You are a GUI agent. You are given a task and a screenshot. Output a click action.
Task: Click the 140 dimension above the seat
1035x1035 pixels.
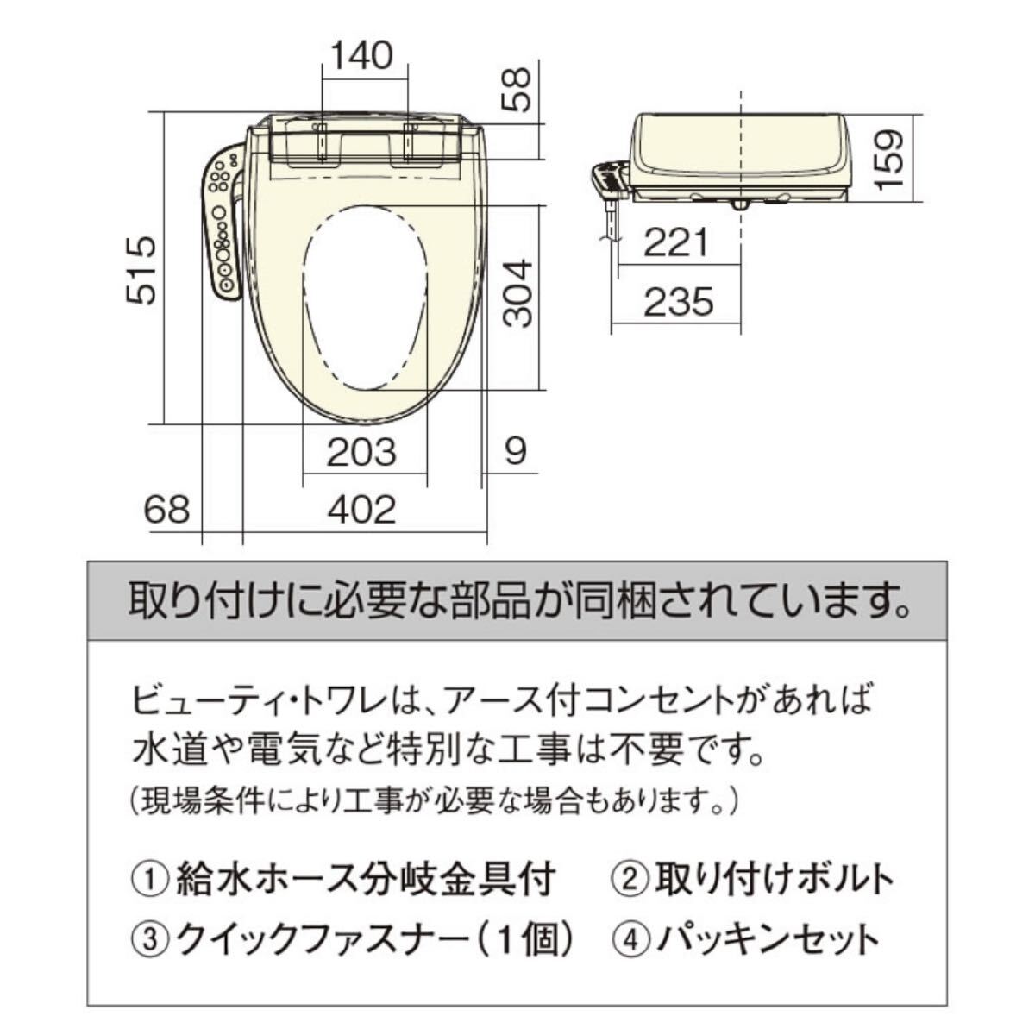362,55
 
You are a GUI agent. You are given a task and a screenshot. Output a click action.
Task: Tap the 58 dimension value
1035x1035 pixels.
517,91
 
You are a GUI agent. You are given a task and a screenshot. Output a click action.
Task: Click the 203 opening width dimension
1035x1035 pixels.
361,452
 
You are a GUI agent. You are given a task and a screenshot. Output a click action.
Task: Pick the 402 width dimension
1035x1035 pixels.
362,510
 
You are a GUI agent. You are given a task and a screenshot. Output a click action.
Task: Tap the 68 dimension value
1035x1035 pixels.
167,510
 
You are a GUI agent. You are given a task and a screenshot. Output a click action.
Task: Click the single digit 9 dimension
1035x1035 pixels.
516,452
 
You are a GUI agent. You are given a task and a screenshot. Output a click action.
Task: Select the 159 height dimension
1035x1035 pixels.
889,159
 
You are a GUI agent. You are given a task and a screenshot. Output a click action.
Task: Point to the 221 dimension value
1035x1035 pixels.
676,242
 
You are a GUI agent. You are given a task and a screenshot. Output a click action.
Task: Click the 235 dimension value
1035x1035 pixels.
679,302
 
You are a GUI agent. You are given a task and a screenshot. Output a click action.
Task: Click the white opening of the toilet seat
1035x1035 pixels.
365,297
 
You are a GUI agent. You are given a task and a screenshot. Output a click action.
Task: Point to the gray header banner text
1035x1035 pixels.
519,600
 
